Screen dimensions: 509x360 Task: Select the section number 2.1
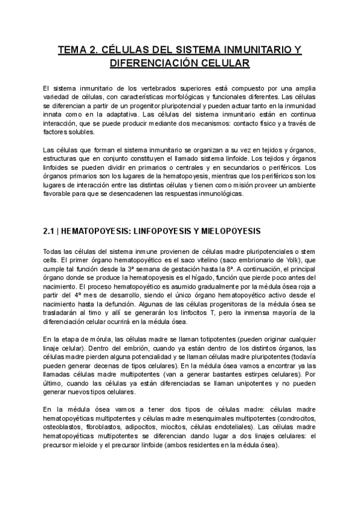coord(50,230)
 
